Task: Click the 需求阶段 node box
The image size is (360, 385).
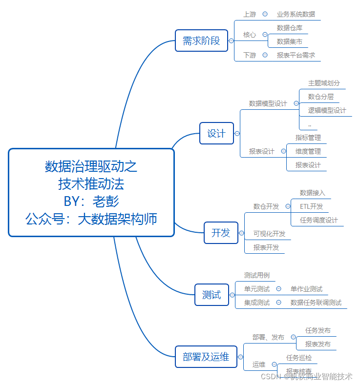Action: tap(201, 41)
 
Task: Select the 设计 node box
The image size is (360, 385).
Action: tap(216, 133)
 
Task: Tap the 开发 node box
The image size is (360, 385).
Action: tap(220, 233)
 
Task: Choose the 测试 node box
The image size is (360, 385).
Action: tap(212, 294)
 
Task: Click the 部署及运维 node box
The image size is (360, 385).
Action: tap(206, 357)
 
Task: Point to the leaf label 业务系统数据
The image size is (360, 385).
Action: tap(296, 15)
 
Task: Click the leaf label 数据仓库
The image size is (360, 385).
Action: tap(289, 28)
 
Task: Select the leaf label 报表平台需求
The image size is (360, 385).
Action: tap(296, 55)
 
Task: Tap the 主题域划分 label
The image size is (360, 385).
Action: tap(324, 83)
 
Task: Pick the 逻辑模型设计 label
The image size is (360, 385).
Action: tap(327, 110)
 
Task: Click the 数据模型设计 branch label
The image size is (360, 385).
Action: tap(268, 103)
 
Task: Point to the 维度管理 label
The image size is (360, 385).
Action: tap(308, 151)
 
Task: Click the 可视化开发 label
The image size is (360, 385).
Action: tap(269, 234)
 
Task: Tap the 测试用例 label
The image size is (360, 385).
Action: tap(256, 275)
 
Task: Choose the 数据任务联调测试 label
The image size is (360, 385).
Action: tap(316, 303)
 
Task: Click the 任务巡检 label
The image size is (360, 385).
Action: tap(298, 358)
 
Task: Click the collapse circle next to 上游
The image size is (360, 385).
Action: tap(265, 15)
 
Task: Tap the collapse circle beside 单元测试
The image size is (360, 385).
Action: tap(278, 289)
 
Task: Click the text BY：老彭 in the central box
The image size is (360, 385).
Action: tap(91, 201)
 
